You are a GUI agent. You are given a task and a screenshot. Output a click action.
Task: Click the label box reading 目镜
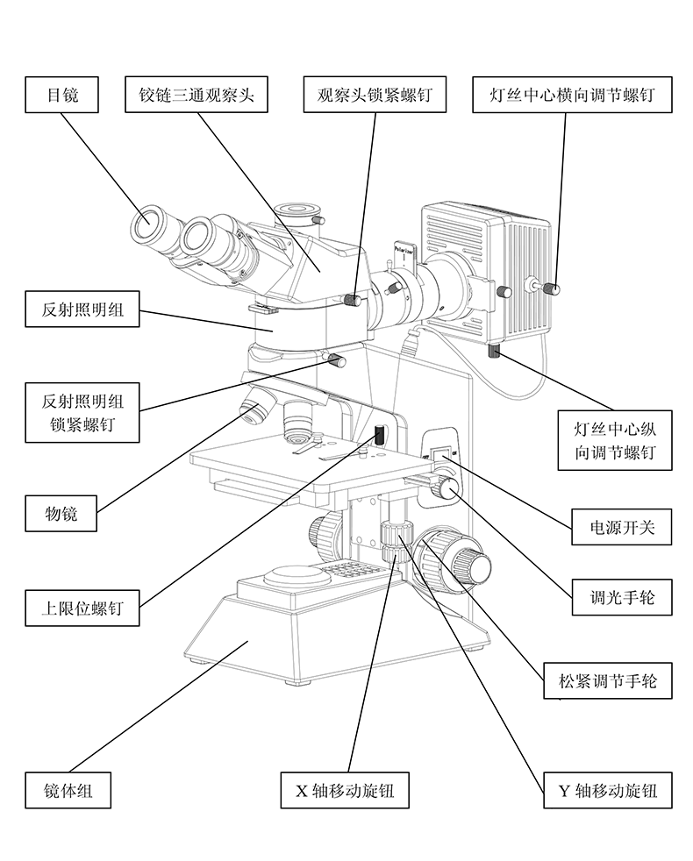click(62, 96)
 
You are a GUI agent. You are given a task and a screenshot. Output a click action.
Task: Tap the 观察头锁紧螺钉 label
click(375, 96)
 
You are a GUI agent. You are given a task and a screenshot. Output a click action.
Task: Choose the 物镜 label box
click(62, 513)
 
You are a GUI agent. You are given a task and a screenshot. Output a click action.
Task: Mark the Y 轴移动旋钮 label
click(608, 791)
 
